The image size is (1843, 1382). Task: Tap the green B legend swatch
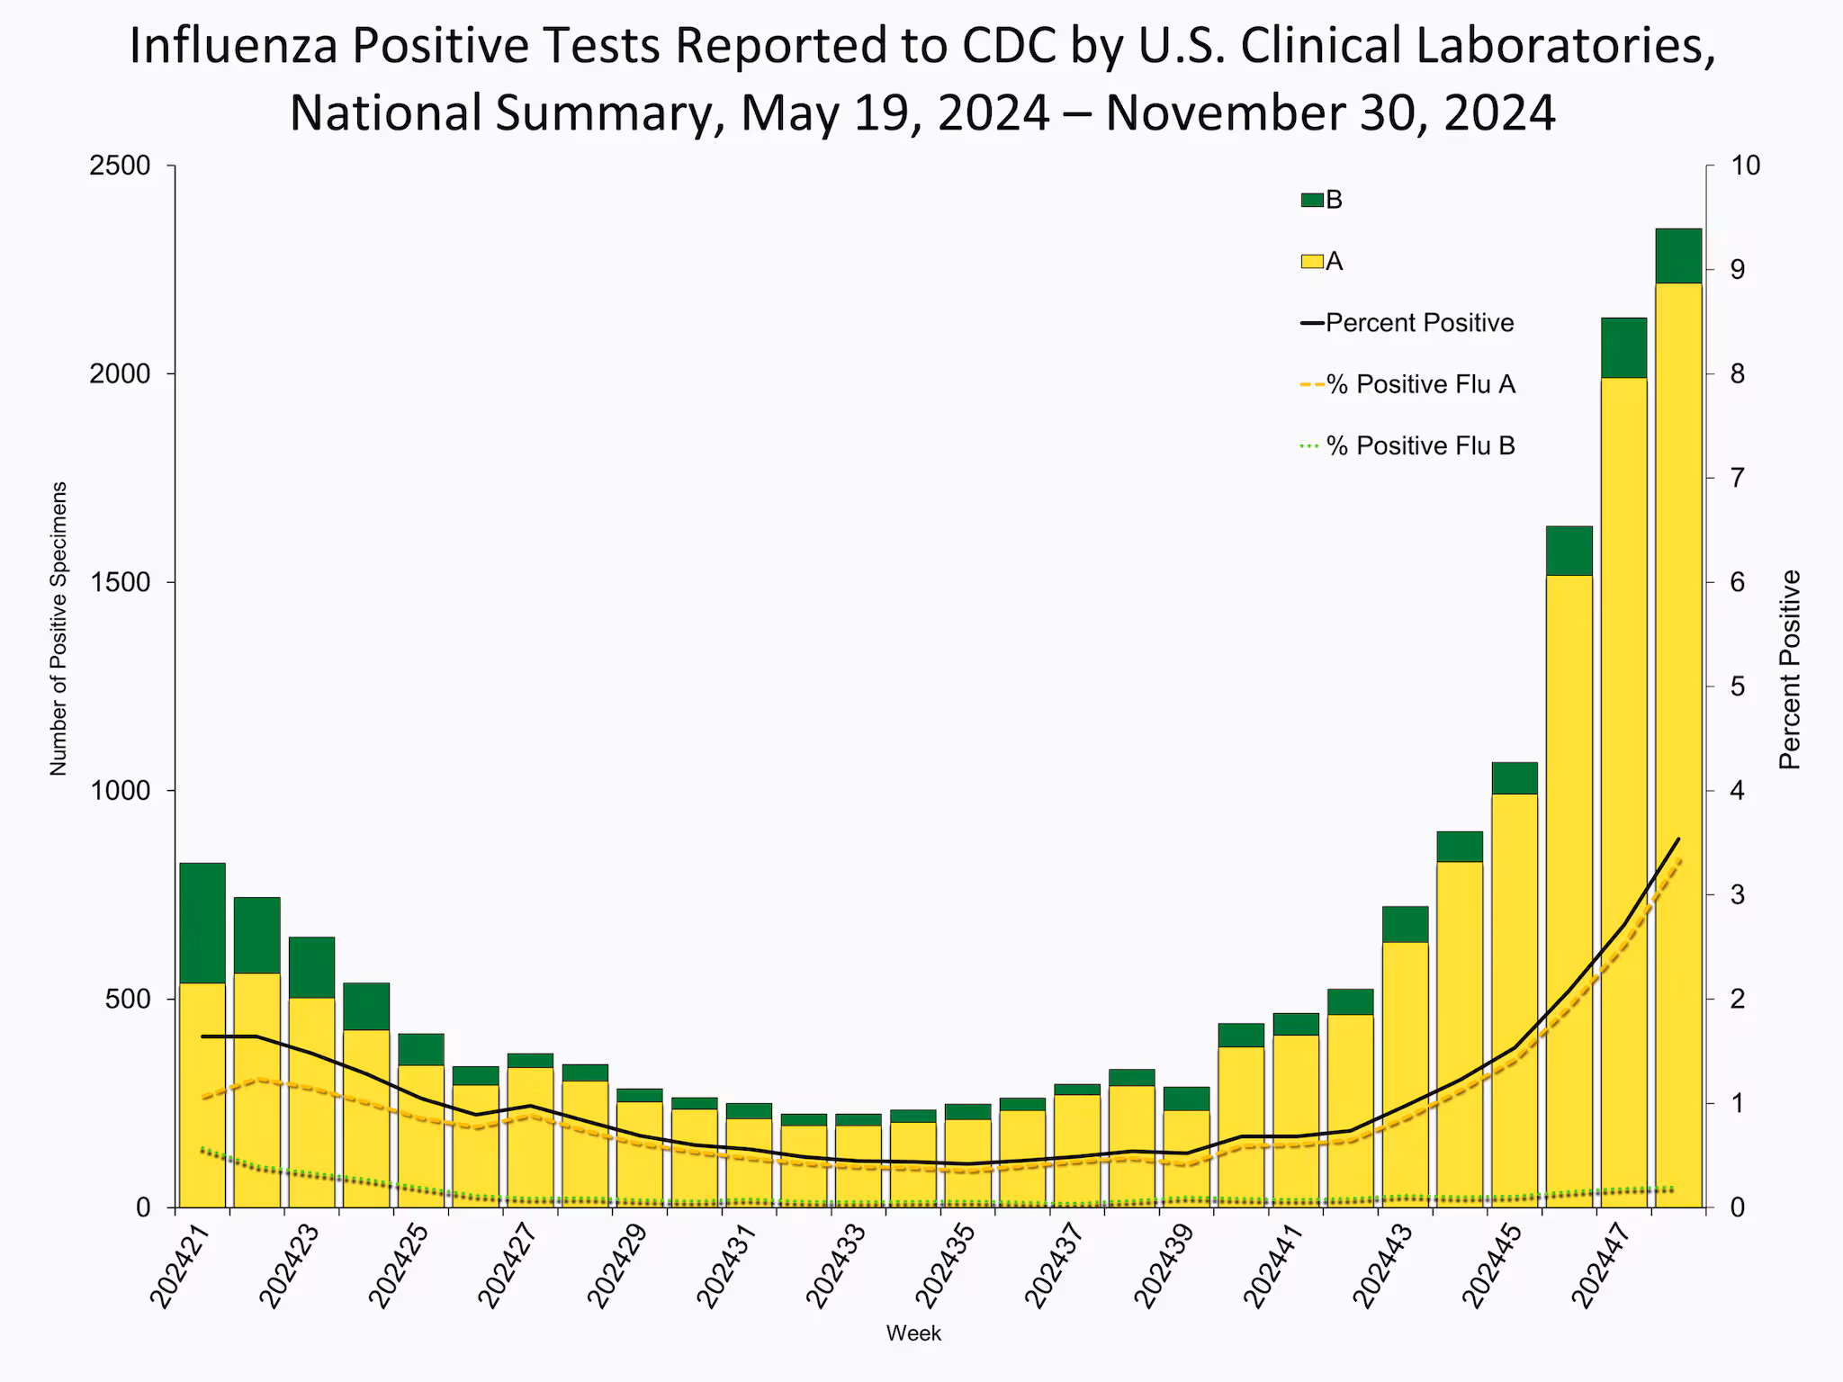[x=1312, y=201]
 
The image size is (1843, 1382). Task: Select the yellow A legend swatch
[x=1312, y=262]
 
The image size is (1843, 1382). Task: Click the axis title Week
[x=913, y=1333]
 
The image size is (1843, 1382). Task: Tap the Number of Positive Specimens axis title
[x=58, y=628]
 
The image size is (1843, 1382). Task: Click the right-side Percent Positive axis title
[x=1790, y=669]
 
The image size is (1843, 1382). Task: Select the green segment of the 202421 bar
[x=202, y=922]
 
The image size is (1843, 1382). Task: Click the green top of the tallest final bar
[x=1678, y=256]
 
